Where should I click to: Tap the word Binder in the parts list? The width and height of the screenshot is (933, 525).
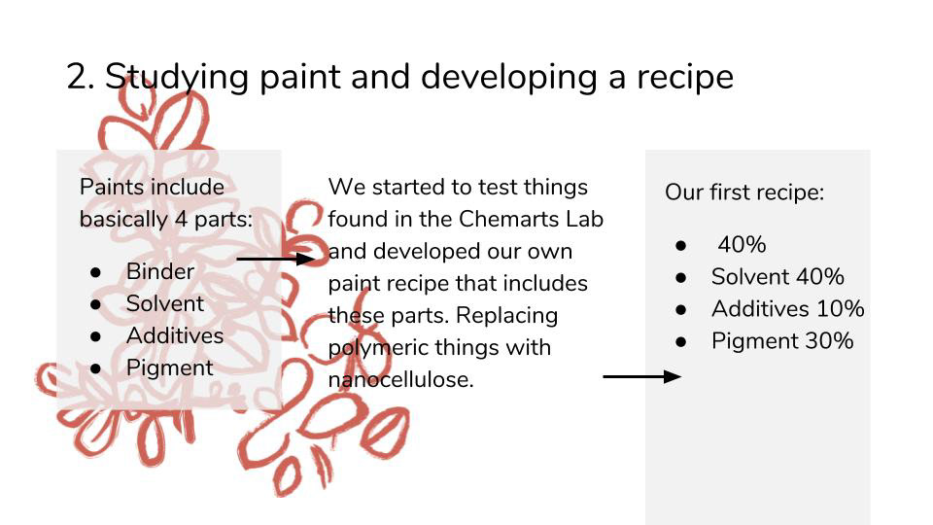160,271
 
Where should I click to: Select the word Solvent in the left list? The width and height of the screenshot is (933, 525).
165,303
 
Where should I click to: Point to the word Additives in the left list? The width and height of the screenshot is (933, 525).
175,335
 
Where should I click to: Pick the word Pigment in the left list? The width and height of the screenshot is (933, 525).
169,368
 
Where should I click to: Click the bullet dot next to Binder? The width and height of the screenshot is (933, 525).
96,272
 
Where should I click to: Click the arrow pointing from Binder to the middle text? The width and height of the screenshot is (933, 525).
275,259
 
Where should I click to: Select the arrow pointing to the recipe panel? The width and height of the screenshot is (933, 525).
642,376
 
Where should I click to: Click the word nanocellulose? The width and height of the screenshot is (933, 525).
400,380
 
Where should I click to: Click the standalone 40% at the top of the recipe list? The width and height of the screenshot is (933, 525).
742,245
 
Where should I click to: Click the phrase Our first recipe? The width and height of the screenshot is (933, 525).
744,192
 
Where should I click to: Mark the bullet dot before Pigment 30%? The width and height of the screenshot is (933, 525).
681,342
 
